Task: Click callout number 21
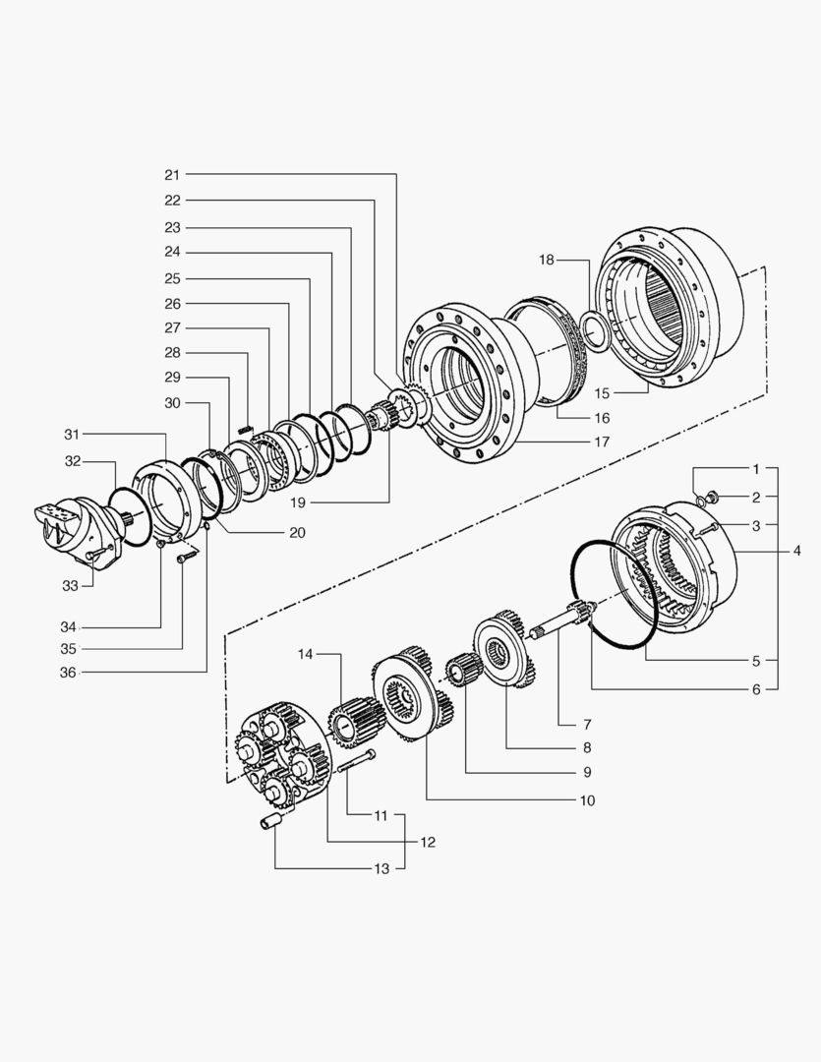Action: (x=172, y=174)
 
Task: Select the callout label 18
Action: (x=547, y=260)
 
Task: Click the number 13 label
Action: (x=381, y=868)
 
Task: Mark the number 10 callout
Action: (x=587, y=800)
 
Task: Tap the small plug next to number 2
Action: (x=714, y=498)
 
